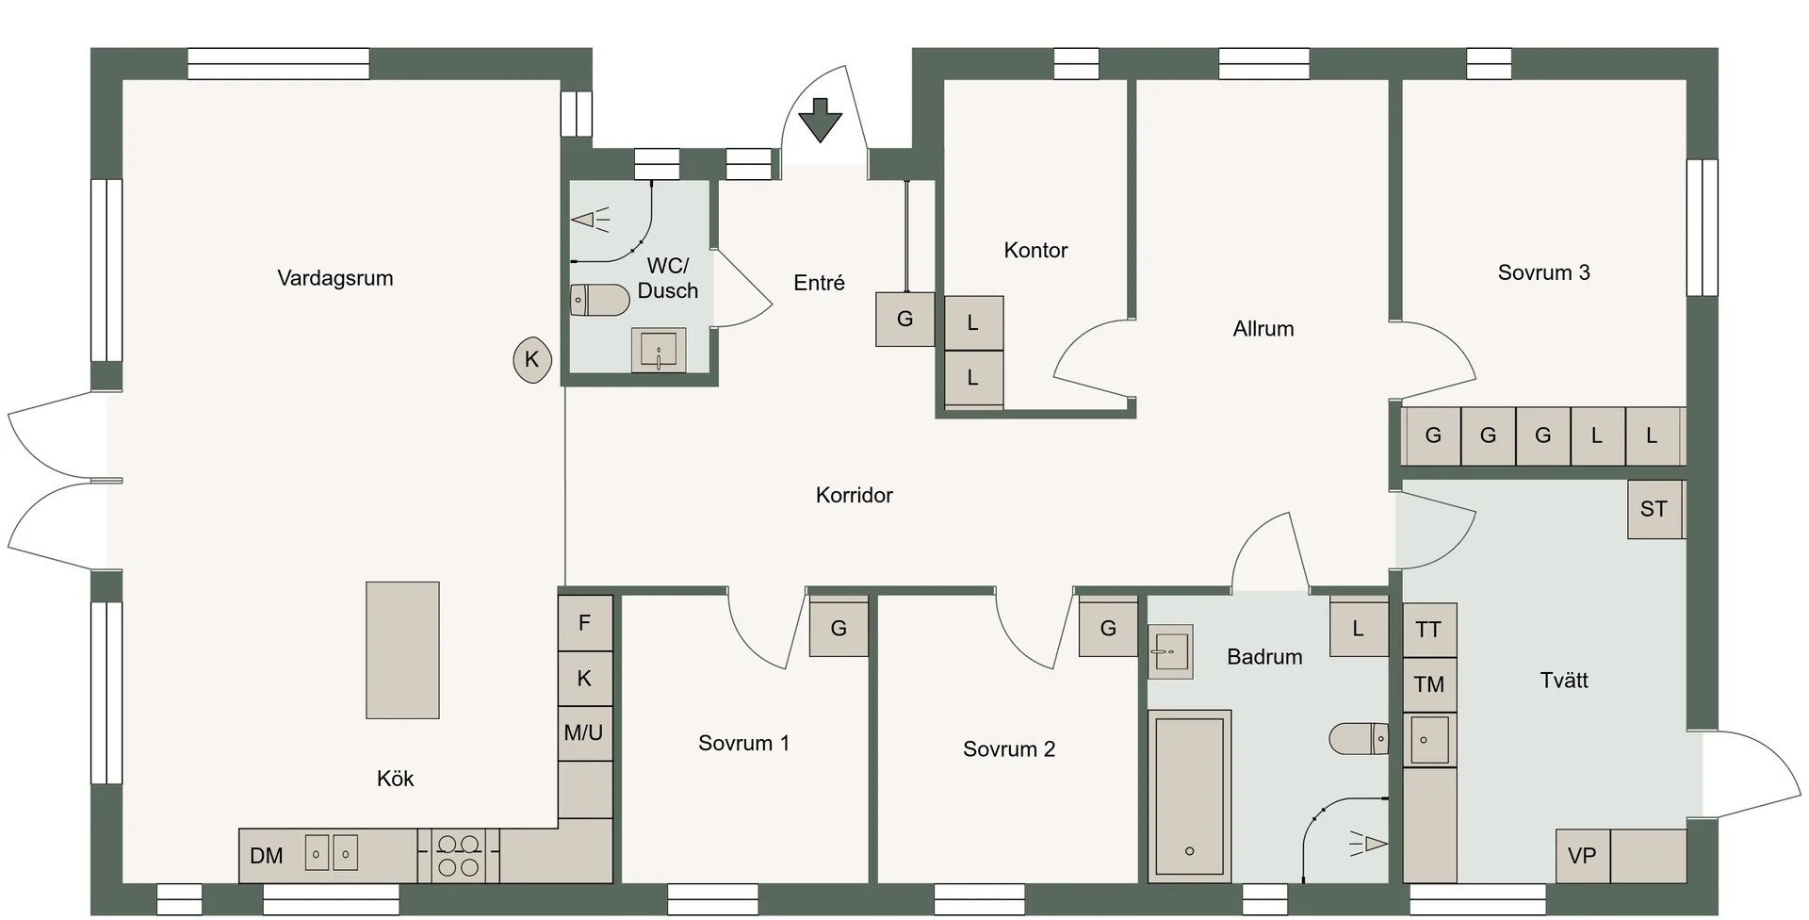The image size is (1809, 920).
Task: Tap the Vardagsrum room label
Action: [335, 278]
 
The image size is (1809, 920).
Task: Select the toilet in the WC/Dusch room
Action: [600, 300]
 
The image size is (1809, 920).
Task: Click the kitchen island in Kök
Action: [402, 649]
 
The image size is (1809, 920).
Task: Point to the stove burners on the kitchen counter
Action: [459, 856]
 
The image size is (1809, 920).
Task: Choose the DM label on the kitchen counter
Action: [267, 856]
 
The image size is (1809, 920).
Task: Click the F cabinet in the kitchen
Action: [585, 623]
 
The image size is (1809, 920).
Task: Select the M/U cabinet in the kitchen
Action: [585, 733]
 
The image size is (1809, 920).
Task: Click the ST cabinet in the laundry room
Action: [1655, 510]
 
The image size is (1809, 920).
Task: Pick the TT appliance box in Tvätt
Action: [1429, 630]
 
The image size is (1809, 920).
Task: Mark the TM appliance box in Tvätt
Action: [1429, 684]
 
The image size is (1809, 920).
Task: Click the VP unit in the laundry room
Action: [1583, 856]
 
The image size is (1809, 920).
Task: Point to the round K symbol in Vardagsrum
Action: [532, 359]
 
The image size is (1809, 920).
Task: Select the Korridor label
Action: [855, 495]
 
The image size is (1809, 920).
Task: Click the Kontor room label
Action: [1035, 251]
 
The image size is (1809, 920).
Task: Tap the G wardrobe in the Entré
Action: [905, 319]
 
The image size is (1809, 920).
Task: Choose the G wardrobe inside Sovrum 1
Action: [839, 628]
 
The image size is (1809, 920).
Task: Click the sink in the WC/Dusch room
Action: [659, 351]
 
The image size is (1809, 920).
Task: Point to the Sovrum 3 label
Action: [1544, 273]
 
